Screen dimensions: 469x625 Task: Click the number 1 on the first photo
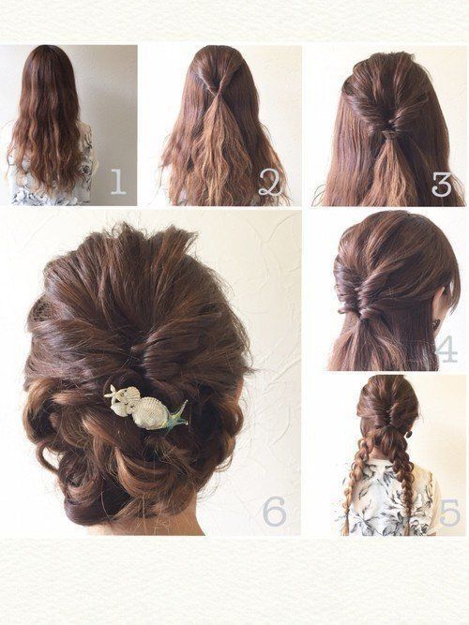(x=118, y=182)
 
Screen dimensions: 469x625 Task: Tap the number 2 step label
(x=270, y=182)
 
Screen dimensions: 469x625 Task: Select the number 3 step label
(x=442, y=184)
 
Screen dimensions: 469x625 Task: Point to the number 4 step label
(x=446, y=349)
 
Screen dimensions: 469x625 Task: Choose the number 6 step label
(x=275, y=511)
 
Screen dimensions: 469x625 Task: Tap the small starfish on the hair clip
(x=113, y=393)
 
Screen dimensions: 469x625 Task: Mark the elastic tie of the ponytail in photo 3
(x=390, y=135)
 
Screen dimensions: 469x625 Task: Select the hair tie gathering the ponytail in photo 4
(x=365, y=318)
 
